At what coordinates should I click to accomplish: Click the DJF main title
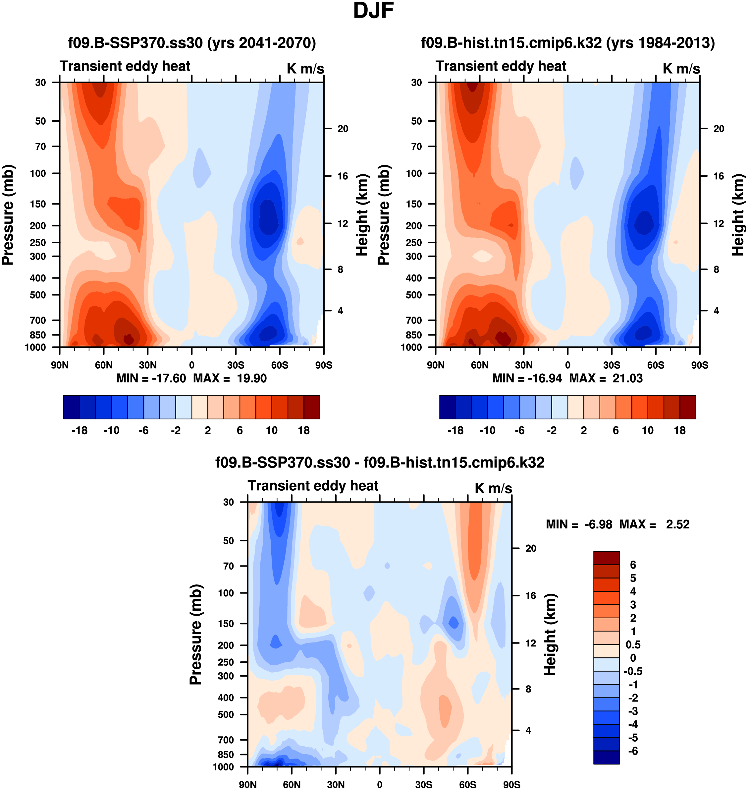pos(373,11)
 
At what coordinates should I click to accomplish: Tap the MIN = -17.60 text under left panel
pos(151,378)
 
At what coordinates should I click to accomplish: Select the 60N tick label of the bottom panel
pos(292,784)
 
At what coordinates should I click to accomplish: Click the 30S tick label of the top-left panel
pos(236,365)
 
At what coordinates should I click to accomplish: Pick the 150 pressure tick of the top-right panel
pos(413,204)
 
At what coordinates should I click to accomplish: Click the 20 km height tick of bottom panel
pos(531,548)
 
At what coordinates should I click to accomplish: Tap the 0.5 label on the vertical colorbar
pos(633,645)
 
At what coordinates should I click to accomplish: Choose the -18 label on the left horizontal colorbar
pos(80,431)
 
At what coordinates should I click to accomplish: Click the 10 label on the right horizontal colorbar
pos(648,431)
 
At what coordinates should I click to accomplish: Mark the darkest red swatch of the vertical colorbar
pos(606,558)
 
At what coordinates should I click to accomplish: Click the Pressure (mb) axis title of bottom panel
pos(195,635)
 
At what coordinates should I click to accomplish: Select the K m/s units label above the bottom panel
pos(493,488)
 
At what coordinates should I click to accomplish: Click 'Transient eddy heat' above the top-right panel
pos(501,66)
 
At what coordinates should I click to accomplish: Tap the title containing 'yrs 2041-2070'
pos(192,43)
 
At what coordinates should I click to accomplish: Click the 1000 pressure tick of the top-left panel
pos(35,347)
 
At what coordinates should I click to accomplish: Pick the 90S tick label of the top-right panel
pos(700,365)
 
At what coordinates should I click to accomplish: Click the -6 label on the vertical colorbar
pos(633,751)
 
